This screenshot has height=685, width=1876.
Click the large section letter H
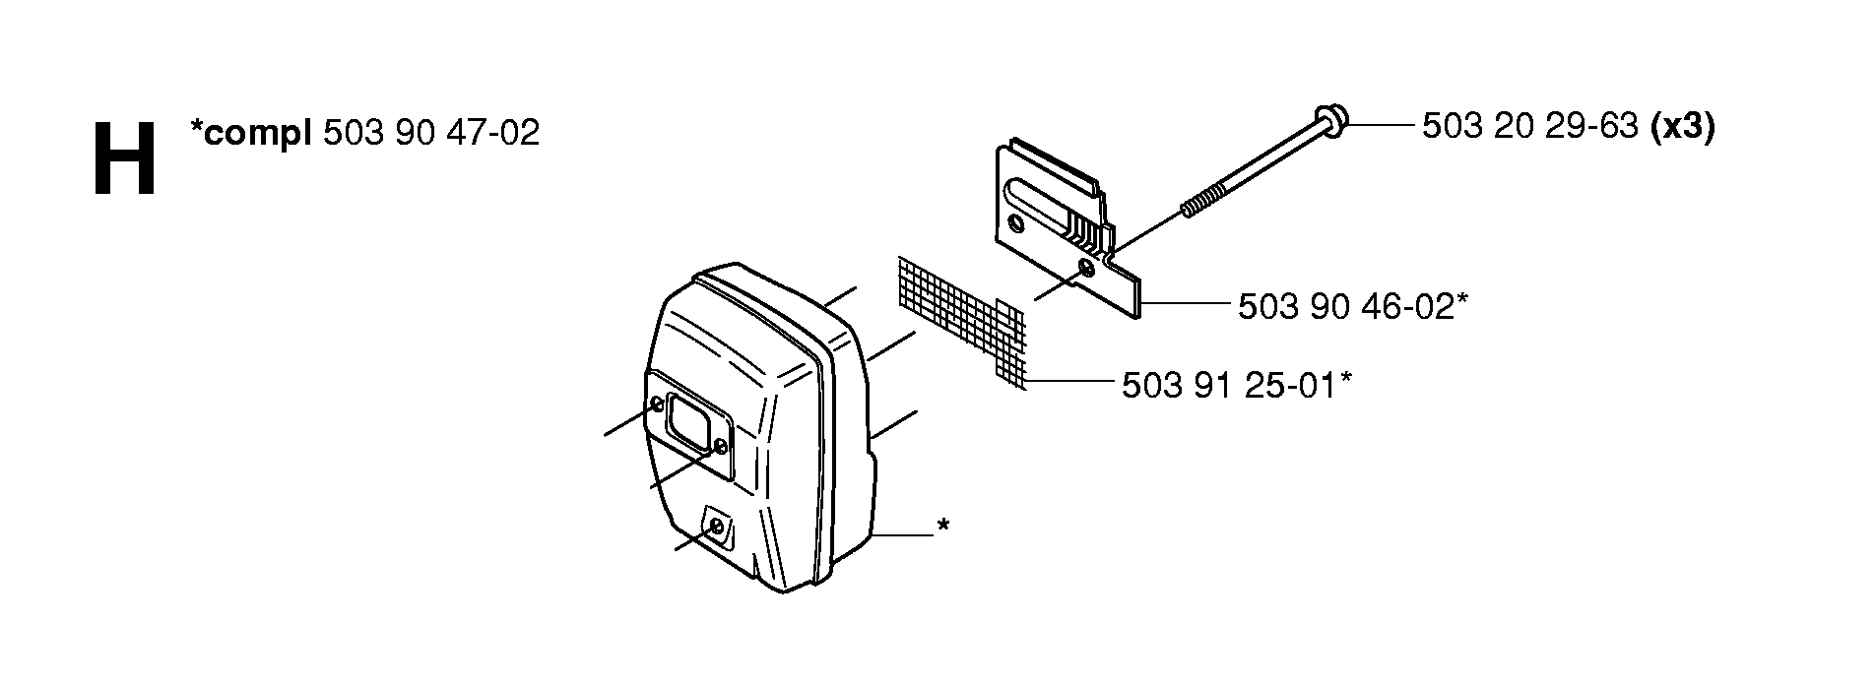pos(124,159)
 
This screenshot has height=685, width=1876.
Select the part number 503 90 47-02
pos(431,133)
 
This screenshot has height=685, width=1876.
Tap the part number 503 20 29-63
pos(1529,127)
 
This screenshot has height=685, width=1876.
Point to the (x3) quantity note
pos(1682,128)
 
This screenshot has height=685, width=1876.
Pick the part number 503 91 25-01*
pos(1236,385)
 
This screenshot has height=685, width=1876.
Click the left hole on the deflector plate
pos(1016,225)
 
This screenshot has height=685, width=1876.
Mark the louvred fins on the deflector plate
pos(1094,236)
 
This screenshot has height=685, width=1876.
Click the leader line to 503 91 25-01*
pos(1067,381)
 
